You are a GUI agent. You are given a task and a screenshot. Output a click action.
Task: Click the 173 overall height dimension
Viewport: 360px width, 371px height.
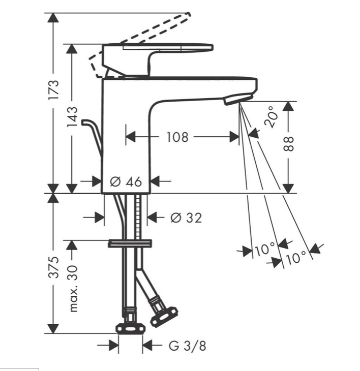(x=53, y=89)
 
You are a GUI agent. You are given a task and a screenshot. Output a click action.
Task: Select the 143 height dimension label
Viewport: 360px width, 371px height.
(x=72, y=116)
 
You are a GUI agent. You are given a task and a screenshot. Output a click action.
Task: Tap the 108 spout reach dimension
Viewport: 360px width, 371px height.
(x=177, y=137)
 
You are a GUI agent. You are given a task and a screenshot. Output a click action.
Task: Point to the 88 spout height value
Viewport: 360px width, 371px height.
(x=288, y=144)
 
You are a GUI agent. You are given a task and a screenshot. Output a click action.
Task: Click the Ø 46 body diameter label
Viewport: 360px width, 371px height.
(x=126, y=182)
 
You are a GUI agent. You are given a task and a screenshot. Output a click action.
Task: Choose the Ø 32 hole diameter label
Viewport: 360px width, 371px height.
(x=186, y=218)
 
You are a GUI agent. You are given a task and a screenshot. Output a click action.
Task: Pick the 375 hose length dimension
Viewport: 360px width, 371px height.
(x=53, y=267)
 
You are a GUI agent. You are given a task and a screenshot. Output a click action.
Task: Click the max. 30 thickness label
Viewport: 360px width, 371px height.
(x=73, y=289)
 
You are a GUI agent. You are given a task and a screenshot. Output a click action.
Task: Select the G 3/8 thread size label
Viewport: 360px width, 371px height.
(x=187, y=346)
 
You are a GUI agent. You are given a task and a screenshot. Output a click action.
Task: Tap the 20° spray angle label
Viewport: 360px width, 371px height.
(x=271, y=117)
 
